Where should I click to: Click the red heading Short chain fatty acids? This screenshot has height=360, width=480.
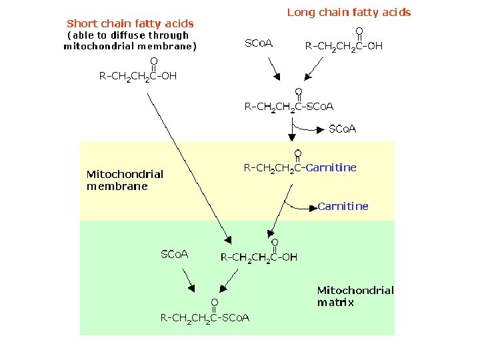coord(130,24)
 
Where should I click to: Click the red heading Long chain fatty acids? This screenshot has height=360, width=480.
coord(349,12)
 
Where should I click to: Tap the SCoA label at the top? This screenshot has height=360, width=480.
coord(259,44)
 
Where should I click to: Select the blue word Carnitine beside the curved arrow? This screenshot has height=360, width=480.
coord(343,206)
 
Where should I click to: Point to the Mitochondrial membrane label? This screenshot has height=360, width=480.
coord(125,180)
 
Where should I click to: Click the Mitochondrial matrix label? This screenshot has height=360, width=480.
coord(355,296)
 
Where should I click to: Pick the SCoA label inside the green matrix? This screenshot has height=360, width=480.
coord(175,254)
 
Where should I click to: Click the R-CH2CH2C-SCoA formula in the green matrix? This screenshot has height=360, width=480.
coord(205,318)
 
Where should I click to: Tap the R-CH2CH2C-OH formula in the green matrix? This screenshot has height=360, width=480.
coord(259,257)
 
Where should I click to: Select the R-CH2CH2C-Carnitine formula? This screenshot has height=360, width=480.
coord(300,168)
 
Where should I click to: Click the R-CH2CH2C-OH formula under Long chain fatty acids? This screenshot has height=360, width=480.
coord(343,46)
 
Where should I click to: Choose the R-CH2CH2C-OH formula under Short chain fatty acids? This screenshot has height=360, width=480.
coord(138,76)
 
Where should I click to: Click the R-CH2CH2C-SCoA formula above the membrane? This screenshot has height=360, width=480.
coord(289,107)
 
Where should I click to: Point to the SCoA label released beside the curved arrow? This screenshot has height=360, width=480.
coord(343,129)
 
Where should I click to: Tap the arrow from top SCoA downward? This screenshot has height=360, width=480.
coord(274,67)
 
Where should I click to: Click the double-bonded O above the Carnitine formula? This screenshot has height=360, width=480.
coord(297,154)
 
